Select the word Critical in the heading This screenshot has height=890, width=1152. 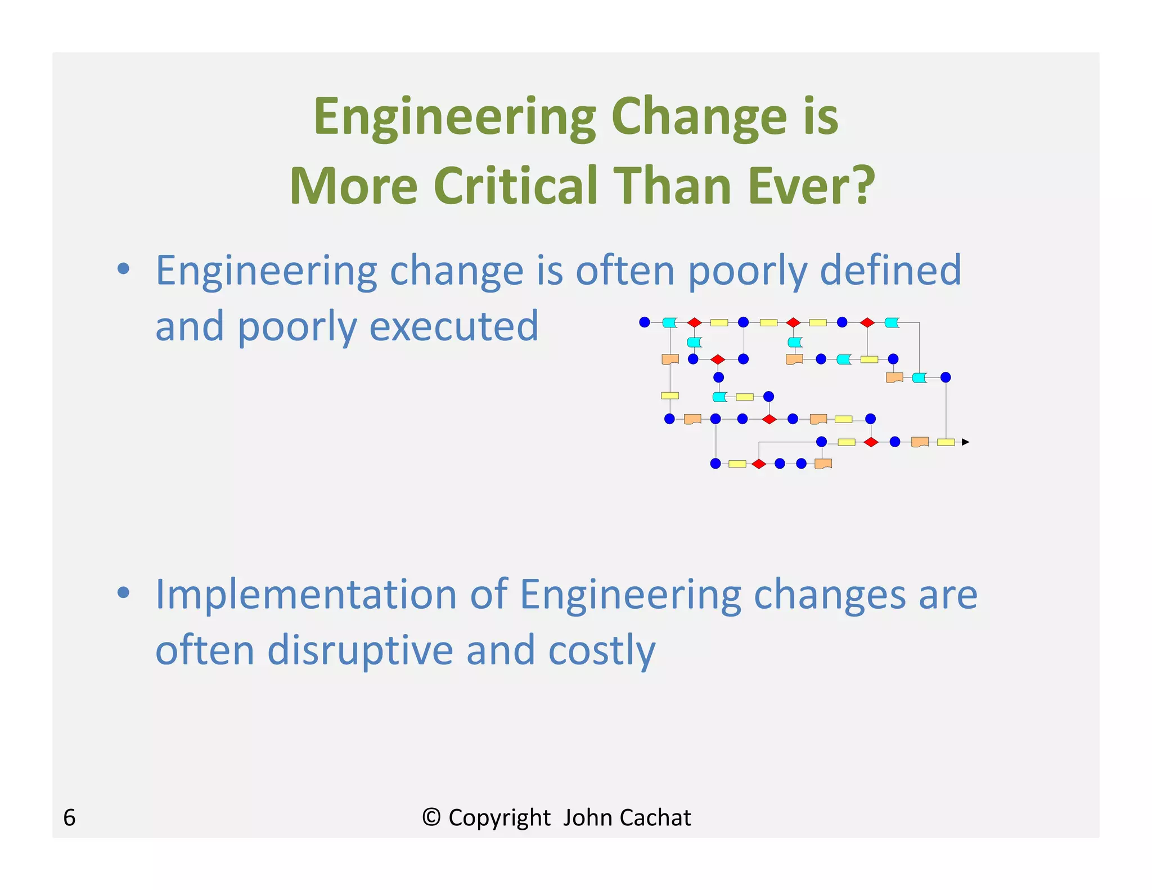(x=515, y=186)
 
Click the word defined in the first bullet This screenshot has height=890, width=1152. (x=890, y=271)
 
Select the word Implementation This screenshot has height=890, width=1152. (x=306, y=595)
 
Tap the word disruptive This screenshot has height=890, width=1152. (x=360, y=650)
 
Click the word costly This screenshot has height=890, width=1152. (x=602, y=650)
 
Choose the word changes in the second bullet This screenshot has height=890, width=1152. (x=829, y=595)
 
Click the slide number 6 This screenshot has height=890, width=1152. (x=69, y=817)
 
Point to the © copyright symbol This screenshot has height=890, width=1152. (x=431, y=817)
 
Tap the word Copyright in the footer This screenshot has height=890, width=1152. (x=499, y=817)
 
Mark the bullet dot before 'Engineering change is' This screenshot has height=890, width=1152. (x=123, y=269)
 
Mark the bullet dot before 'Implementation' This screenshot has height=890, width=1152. (x=123, y=592)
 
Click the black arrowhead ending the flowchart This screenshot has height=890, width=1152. (x=965, y=442)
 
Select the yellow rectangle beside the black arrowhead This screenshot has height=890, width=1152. (x=946, y=442)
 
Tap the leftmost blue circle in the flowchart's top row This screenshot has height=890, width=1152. (x=645, y=322)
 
